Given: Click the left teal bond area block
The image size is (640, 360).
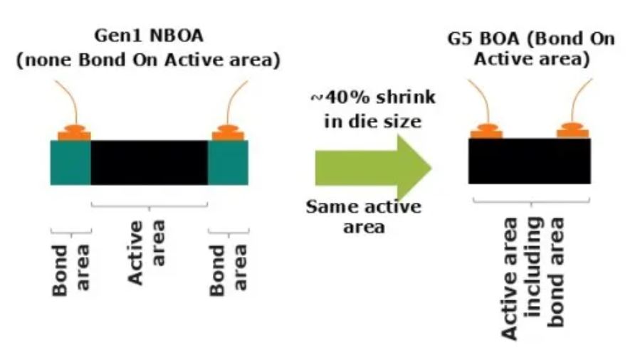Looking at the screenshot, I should (x=70, y=162).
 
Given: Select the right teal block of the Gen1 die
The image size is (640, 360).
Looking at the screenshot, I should (x=227, y=162).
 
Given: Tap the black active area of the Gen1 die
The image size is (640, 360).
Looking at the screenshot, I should (x=149, y=162).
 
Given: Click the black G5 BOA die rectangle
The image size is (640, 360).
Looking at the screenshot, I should (x=529, y=161).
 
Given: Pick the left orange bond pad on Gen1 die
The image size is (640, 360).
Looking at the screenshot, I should (x=75, y=133).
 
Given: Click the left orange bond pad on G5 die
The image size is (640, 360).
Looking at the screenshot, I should (x=486, y=132).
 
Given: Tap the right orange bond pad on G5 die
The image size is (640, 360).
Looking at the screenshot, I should (x=574, y=132).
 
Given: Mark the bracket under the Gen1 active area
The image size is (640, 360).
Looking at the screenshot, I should (x=149, y=207).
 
